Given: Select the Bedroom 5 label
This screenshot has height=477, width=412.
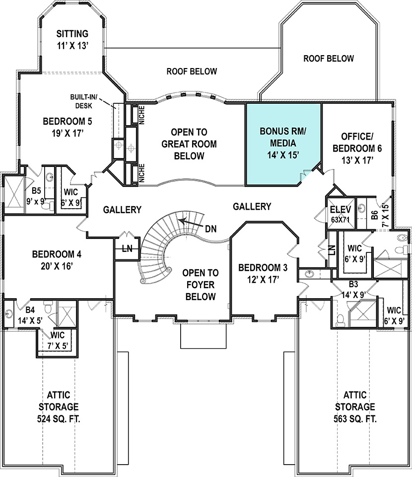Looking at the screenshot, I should (68, 127).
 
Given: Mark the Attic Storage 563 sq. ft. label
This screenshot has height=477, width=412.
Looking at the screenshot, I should (355, 407).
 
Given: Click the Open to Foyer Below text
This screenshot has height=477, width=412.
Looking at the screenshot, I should (200, 285).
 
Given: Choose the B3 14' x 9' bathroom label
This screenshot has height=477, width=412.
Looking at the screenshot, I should (353, 289).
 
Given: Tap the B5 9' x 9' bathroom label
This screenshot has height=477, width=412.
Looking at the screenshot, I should (36, 196).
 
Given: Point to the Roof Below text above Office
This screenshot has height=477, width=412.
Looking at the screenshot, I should (329, 59).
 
